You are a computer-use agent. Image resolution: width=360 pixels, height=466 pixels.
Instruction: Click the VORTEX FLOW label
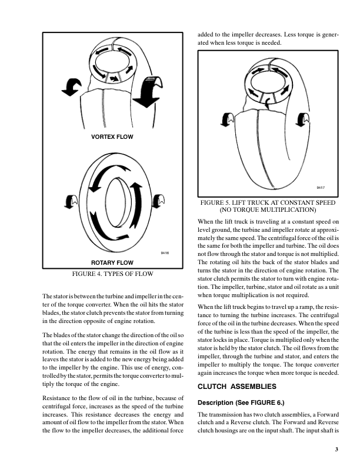coord(112,137)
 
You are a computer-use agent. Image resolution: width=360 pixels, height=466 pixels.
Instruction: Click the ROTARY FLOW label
coord(112,262)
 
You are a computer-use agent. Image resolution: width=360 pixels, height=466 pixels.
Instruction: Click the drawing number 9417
coord(321,187)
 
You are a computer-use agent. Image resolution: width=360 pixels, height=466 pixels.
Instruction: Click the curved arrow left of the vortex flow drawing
coord(73,88)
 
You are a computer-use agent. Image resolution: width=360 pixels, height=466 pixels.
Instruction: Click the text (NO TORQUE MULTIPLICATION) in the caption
coord(268,209)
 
